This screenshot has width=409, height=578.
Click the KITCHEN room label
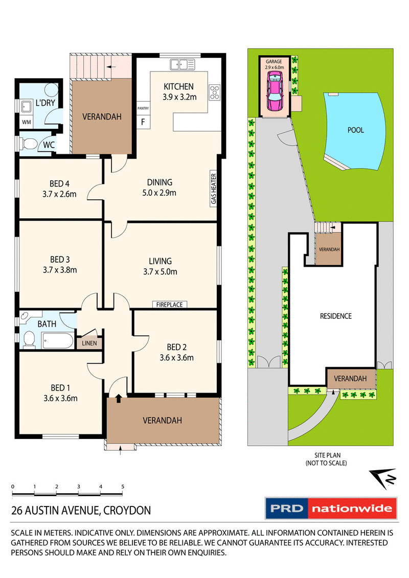click(x=178, y=86)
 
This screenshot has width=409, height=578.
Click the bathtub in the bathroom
click(x=58, y=340)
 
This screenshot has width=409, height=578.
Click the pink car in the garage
click(x=275, y=91)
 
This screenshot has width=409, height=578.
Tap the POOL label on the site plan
click(x=355, y=130)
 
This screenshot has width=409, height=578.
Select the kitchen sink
click(x=183, y=64)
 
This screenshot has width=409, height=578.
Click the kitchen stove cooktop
click(x=214, y=92)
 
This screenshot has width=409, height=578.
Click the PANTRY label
click(x=143, y=108)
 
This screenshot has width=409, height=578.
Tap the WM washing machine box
click(x=26, y=123)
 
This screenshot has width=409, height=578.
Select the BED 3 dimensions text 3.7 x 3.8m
click(x=59, y=270)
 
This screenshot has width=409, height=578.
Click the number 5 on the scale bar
click(x=123, y=486)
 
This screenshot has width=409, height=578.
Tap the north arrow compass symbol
click(x=385, y=478)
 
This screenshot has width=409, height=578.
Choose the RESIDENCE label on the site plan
click(x=335, y=316)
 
